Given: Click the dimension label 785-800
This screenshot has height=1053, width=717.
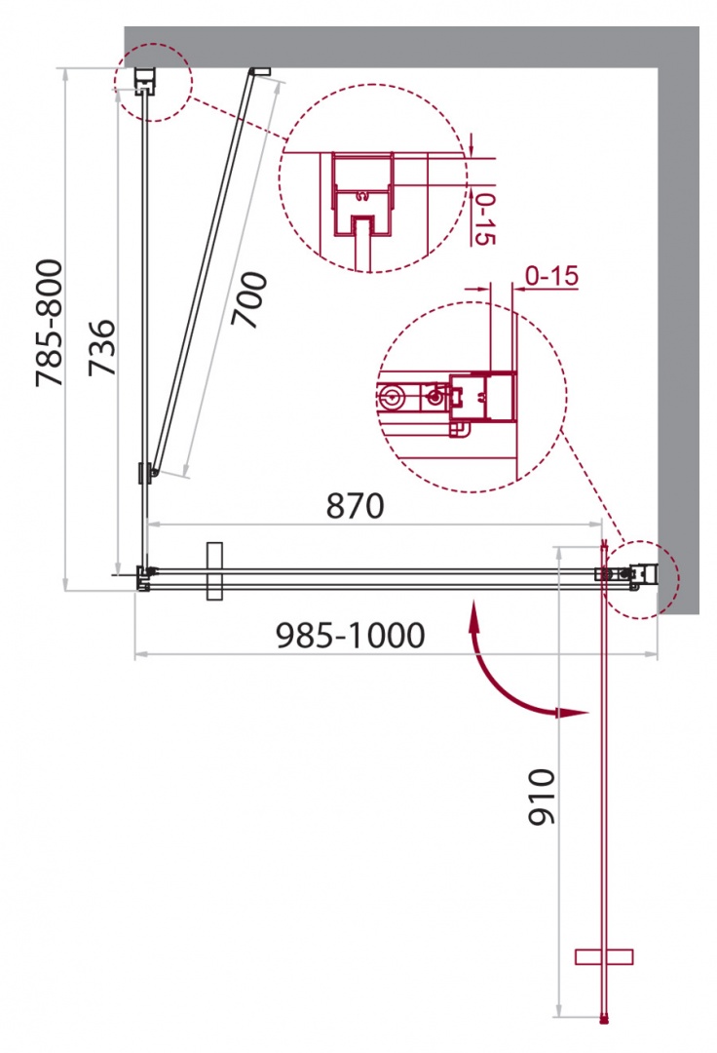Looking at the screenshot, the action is [x=50, y=323].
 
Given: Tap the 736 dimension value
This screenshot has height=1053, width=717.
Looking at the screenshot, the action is [x=102, y=347].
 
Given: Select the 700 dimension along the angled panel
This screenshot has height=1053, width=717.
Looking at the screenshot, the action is [x=248, y=299].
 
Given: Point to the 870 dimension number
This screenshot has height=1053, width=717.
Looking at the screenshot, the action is [x=355, y=506].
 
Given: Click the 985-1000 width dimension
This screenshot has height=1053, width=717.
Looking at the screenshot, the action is [x=350, y=636].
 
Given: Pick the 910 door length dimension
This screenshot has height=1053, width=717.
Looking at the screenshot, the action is [x=542, y=798].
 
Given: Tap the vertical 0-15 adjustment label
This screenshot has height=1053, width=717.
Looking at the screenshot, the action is [x=484, y=219].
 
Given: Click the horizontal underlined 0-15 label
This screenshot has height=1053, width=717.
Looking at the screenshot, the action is [x=551, y=275].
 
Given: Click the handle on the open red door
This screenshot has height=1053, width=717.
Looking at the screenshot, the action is [x=604, y=956].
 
